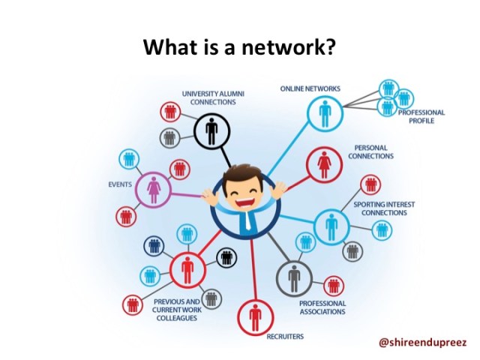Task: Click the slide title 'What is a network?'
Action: pos(239,48)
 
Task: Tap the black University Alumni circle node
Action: pos(211,132)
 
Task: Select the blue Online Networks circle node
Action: pos(325,113)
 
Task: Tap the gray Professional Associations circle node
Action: pos(294,279)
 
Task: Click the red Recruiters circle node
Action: pos(255,317)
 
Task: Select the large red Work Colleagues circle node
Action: pos(187,268)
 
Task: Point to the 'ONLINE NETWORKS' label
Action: pos(310,88)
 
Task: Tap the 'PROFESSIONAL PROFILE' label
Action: pos(421,116)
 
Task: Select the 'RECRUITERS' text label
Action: pos(285,337)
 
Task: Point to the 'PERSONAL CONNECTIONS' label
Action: pos(370,152)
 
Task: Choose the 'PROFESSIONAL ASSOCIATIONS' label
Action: pos(322,307)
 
